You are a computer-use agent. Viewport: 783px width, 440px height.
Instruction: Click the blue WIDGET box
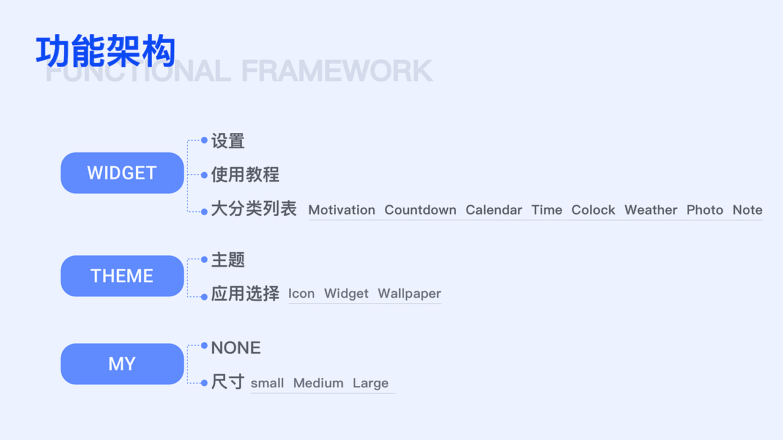click(x=122, y=173)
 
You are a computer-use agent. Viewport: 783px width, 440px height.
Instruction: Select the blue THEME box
click(x=122, y=276)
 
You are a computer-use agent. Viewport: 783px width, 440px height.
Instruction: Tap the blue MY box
click(x=122, y=364)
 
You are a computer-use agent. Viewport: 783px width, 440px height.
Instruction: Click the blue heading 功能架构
click(x=106, y=51)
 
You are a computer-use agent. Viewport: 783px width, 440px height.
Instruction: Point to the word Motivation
click(x=341, y=210)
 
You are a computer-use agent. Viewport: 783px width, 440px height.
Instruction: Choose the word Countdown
click(x=420, y=210)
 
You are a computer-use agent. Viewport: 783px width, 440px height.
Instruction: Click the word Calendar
click(x=494, y=210)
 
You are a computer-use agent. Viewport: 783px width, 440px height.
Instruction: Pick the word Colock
click(x=593, y=210)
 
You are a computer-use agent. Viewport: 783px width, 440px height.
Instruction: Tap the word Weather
click(x=651, y=210)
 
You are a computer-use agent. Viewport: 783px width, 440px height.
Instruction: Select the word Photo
click(x=705, y=210)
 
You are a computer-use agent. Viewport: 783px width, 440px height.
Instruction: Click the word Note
click(x=748, y=210)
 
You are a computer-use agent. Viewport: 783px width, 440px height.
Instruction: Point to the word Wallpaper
click(x=409, y=293)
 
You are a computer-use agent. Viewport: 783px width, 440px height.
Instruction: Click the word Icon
click(x=301, y=293)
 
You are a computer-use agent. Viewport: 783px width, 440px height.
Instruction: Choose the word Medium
click(x=318, y=383)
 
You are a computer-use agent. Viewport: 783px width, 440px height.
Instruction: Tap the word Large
click(x=370, y=383)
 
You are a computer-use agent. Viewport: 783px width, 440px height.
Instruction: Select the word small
click(x=267, y=383)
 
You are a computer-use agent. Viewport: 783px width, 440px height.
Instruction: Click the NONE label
click(x=236, y=348)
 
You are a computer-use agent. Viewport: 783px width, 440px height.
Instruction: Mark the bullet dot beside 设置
click(x=204, y=140)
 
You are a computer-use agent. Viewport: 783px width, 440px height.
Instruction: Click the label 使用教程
click(x=245, y=175)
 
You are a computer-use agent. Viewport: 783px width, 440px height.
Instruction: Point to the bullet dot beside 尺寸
click(x=204, y=383)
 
